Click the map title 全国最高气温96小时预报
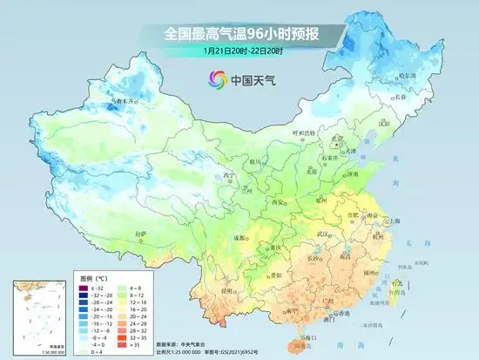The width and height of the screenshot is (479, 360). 239,34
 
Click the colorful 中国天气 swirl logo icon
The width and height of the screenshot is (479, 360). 214,80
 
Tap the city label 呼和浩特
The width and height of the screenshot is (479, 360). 305,133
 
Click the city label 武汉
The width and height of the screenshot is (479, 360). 323,233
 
